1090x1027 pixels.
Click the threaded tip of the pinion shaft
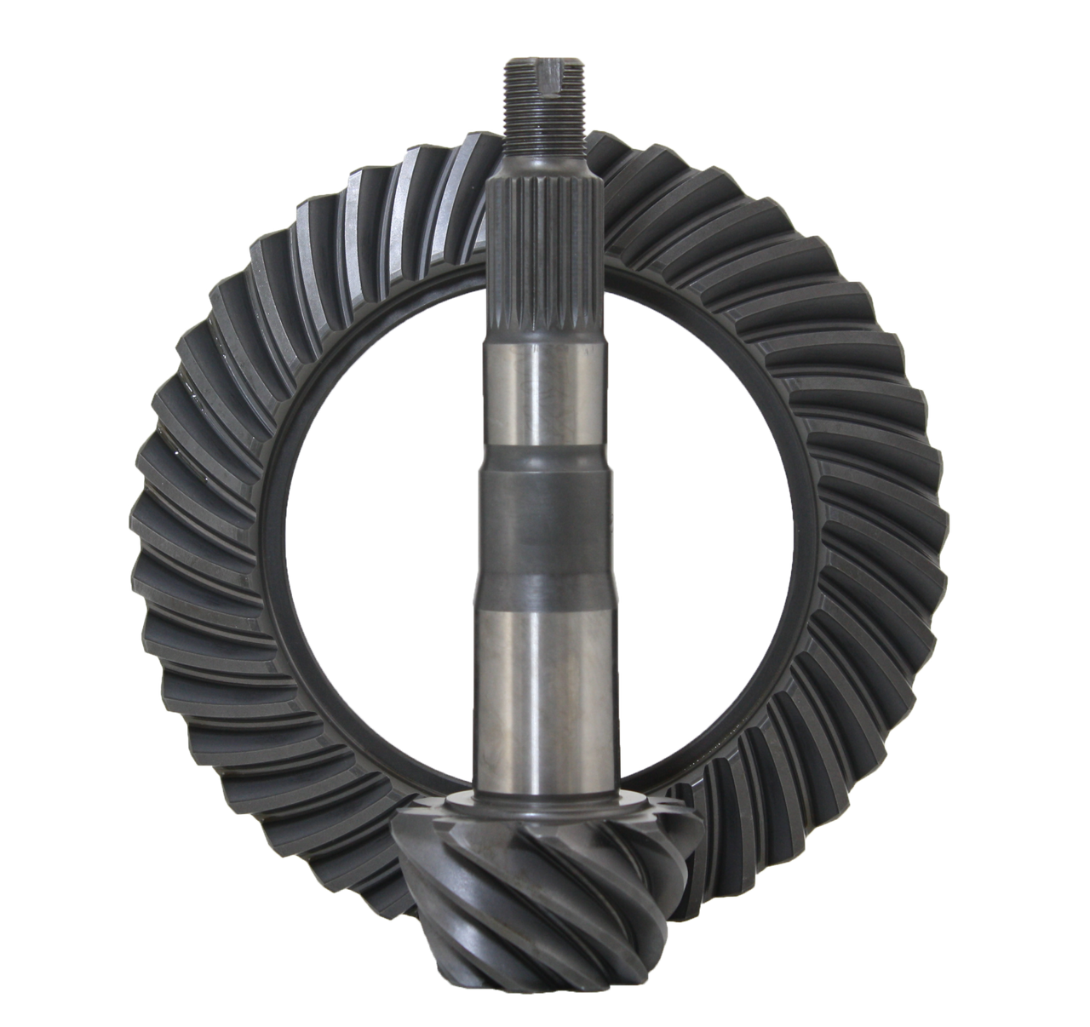coord(542,94)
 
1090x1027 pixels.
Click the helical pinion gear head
coord(545,877)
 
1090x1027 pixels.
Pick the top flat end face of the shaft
coord(542,57)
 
